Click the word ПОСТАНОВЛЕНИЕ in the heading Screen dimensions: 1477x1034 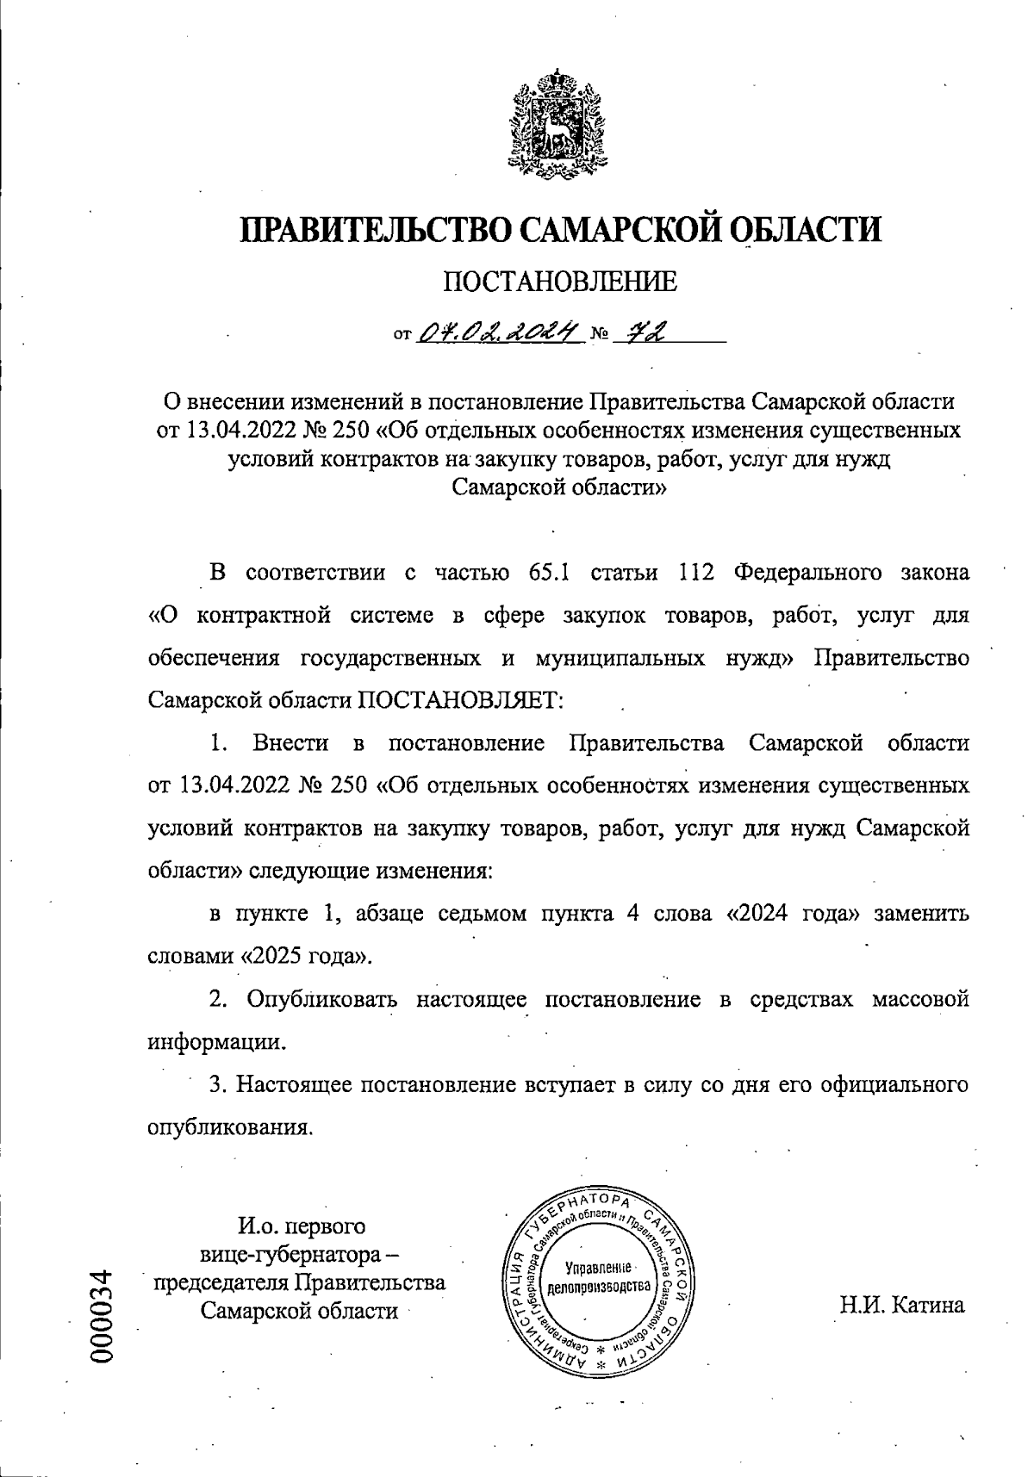tap(559, 282)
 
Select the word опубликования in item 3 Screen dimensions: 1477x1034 tap(229, 1127)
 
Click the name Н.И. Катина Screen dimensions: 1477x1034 tap(902, 1306)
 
